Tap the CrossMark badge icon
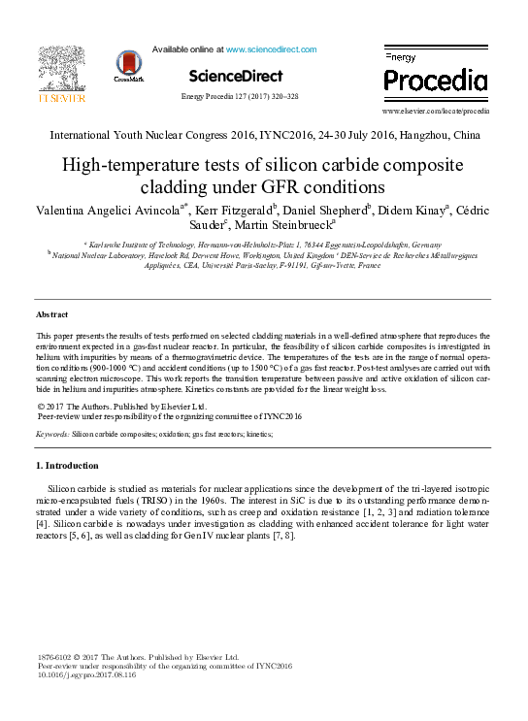coord(127,65)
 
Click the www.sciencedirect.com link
coord(271,49)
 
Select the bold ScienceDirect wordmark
coord(236,76)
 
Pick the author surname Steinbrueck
coord(292,225)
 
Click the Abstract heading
coord(52,315)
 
